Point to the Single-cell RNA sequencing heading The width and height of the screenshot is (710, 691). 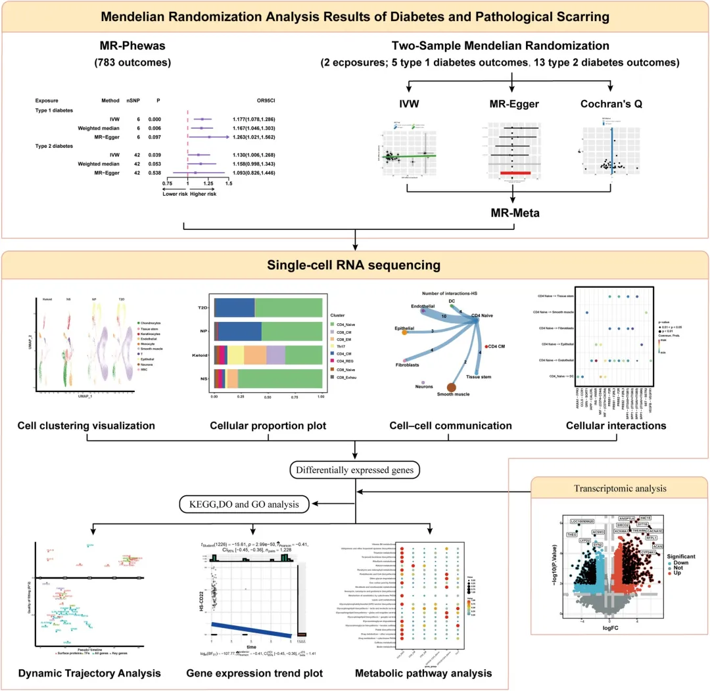pos(354,265)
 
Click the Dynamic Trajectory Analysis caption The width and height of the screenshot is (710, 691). pos(89,673)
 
